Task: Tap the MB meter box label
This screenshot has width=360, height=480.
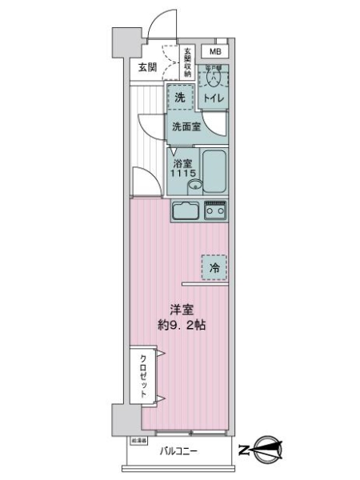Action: pyautogui.click(x=214, y=52)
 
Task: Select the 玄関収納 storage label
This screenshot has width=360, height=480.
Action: pyautogui.click(x=188, y=63)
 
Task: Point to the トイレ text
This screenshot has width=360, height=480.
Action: pyautogui.click(x=213, y=98)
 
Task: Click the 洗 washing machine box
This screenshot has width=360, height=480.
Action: pyautogui.click(x=182, y=96)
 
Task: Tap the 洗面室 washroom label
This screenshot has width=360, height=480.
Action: pyautogui.click(x=185, y=126)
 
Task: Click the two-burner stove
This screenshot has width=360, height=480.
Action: pyautogui.click(x=214, y=212)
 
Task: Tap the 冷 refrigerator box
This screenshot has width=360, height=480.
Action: pyautogui.click(x=214, y=268)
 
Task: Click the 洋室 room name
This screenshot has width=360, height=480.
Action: pyautogui.click(x=180, y=310)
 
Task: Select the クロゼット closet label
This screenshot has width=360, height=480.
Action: pyautogui.click(x=142, y=376)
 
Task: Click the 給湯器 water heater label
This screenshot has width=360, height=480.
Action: pyautogui.click(x=138, y=440)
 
